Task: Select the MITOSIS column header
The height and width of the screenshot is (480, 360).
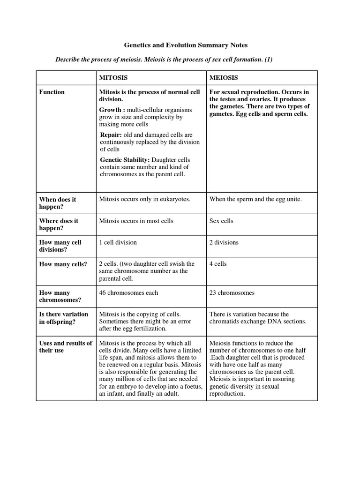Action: (x=113, y=77)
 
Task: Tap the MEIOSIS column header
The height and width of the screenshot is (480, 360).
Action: (x=224, y=77)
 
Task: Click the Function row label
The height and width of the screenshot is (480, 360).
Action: (x=52, y=92)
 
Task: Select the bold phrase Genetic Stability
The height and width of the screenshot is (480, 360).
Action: (x=123, y=160)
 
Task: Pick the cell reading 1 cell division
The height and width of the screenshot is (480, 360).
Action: (x=118, y=242)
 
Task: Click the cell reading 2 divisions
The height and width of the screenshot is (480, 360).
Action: (x=224, y=242)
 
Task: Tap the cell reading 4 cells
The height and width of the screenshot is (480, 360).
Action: (x=218, y=264)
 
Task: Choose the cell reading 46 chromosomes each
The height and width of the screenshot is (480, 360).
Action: (x=128, y=293)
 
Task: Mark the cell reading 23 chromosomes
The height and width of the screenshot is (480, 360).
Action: (x=232, y=293)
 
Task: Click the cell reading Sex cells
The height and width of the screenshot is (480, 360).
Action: (x=221, y=221)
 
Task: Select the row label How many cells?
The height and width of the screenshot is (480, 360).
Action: (x=63, y=264)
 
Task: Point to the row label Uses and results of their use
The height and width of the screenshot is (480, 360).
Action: (x=66, y=346)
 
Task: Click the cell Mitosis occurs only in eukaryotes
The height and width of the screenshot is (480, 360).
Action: (x=145, y=199)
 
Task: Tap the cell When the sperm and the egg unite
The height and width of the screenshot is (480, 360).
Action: (x=255, y=199)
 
